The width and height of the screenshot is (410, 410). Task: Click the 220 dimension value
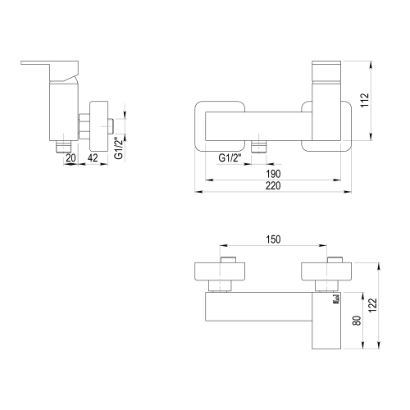tap(273, 186)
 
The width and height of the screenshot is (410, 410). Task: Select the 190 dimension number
tap(273, 174)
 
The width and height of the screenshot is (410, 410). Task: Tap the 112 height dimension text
tap(365, 100)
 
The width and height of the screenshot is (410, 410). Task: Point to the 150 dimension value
tap(273, 239)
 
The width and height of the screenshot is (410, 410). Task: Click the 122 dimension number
tap(373, 305)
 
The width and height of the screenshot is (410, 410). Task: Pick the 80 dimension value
tap(357, 321)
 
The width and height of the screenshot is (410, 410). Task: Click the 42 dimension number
tap(93, 157)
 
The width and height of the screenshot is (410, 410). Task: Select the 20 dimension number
tap(71, 157)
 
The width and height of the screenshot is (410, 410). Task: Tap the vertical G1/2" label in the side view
tap(119, 148)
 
